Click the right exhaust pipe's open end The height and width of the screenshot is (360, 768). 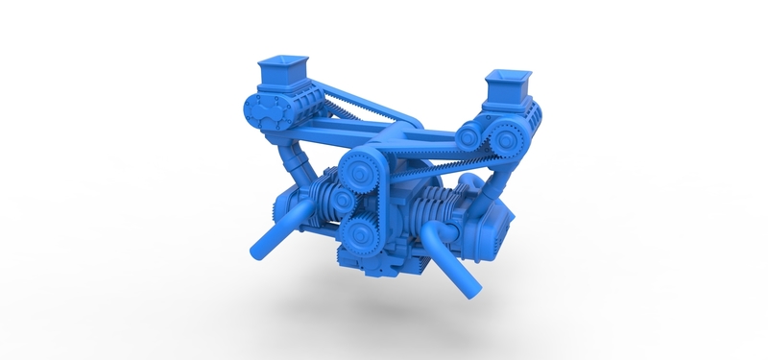coord(469,283)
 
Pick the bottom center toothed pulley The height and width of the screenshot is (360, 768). coord(359,233)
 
